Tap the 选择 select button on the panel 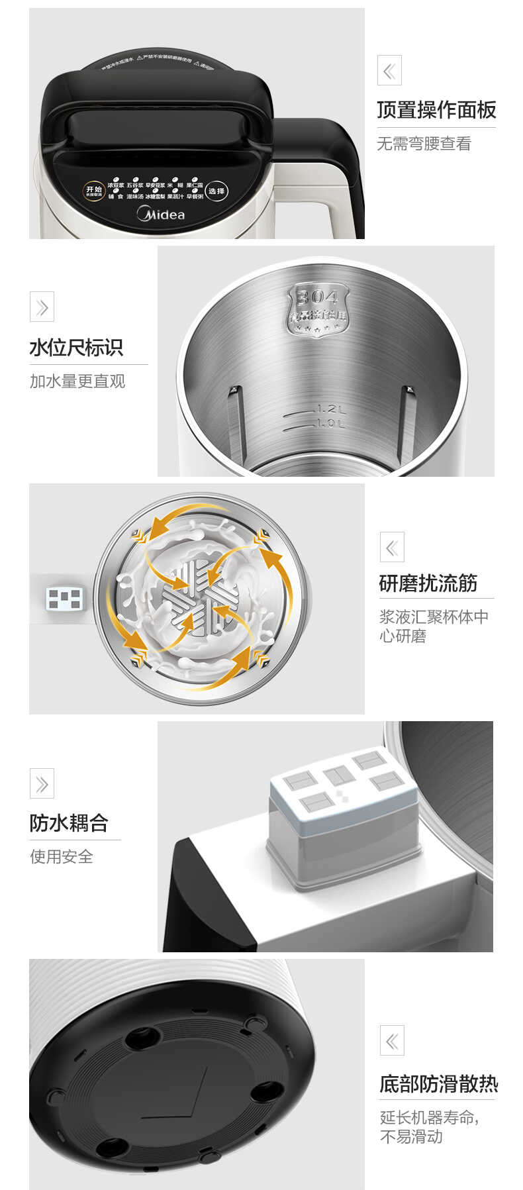tap(216, 191)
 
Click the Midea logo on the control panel tap(161, 214)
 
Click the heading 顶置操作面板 tap(436, 110)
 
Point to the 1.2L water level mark tap(330, 409)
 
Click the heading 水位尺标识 tap(76, 348)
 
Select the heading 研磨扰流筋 tap(428, 583)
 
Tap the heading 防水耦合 tap(69, 823)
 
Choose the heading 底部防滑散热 tap(438, 1084)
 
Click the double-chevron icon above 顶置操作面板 tap(389, 70)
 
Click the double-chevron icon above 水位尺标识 tap(42, 307)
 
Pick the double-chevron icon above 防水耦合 tap(42, 784)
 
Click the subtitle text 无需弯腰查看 tap(424, 144)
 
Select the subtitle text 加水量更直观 tap(77, 381)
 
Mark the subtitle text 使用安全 tap(62, 857)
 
